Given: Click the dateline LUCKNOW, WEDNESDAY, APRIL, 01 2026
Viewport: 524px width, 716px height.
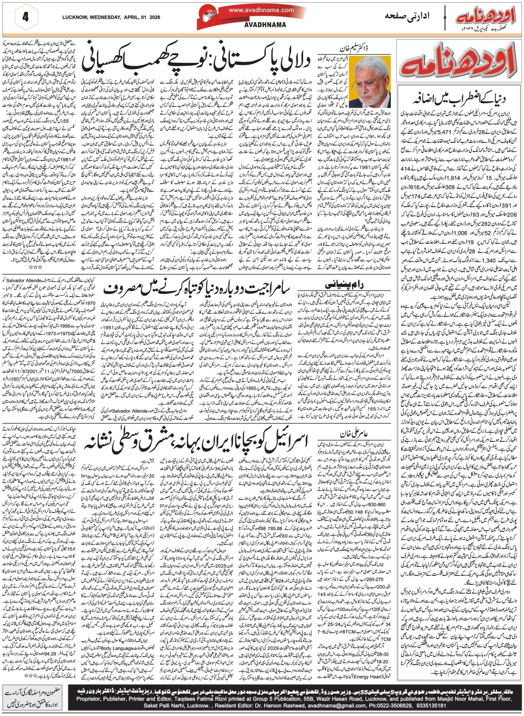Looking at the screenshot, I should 111,17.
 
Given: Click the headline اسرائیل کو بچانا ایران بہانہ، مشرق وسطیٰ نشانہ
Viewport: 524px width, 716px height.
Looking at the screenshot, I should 199,442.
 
